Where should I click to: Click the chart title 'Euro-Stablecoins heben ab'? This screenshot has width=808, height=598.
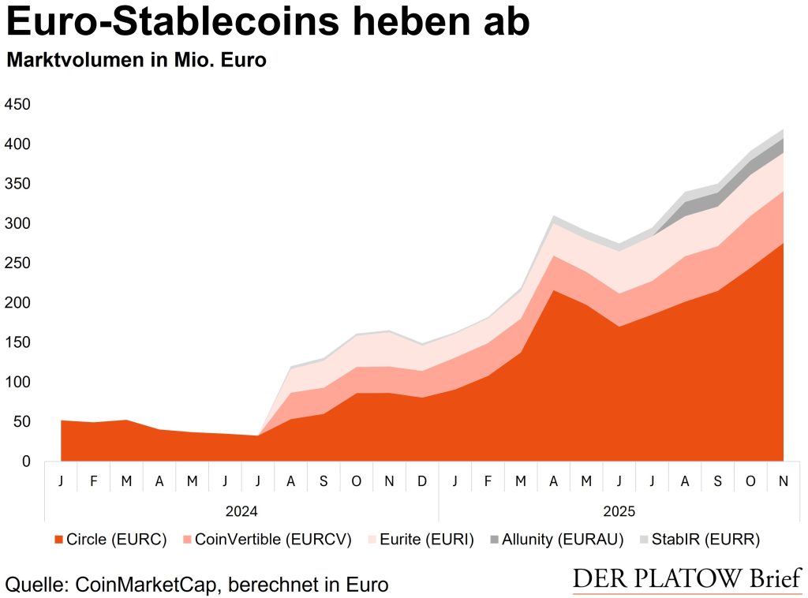pyautogui.click(x=268, y=24)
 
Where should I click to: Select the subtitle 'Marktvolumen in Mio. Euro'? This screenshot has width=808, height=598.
pyautogui.click(x=137, y=61)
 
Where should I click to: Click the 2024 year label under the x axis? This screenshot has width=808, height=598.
pyautogui.click(x=241, y=510)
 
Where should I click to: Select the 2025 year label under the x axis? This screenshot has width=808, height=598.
pyautogui.click(x=619, y=510)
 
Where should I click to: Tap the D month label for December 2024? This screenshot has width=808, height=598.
pyautogui.click(x=422, y=480)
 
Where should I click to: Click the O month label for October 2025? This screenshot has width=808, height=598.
pyautogui.click(x=750, y=480)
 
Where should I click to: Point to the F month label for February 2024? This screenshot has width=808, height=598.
pyautogui.click(x=94, y=480)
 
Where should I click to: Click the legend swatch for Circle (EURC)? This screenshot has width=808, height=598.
pyautogui.click(x=58, y=540)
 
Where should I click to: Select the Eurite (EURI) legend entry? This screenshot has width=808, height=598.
pyautogui.click(x=419, y=540)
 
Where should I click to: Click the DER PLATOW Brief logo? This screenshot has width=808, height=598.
pyautogui.click(x=686, y=578)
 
